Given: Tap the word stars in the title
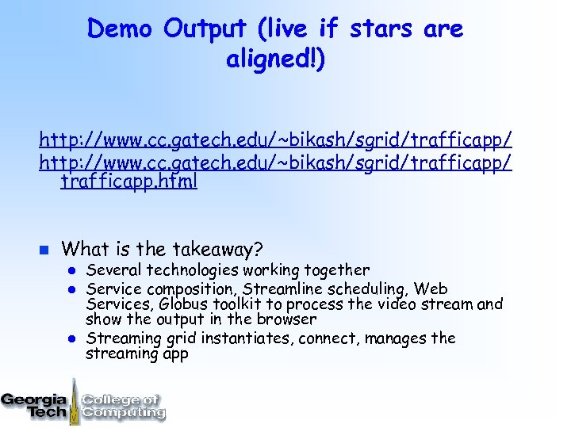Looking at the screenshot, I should (380, 29).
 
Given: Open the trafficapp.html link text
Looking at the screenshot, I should (129, 181).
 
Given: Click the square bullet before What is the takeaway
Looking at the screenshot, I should (44, 250).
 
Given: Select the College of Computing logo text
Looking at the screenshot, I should (123, 405).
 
